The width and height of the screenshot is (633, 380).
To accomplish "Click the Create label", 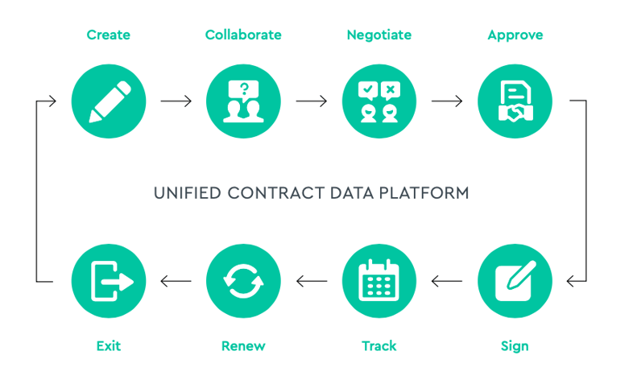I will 108,35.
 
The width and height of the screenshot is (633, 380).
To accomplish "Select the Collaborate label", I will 243,35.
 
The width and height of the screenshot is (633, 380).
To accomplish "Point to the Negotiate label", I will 379,35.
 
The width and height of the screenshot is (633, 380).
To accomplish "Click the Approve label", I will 515,35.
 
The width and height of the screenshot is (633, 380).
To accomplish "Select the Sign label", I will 515,346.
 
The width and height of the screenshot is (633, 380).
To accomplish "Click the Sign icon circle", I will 515,281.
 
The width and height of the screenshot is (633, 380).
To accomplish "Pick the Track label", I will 379,346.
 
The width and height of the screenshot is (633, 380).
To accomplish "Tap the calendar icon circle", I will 379,281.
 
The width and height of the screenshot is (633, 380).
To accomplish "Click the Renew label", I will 243,346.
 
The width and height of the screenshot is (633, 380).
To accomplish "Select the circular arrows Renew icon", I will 243,281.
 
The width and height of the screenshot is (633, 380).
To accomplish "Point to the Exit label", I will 108,346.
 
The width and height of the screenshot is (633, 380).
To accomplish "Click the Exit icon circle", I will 109,281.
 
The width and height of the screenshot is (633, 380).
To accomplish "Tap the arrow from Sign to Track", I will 447,281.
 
